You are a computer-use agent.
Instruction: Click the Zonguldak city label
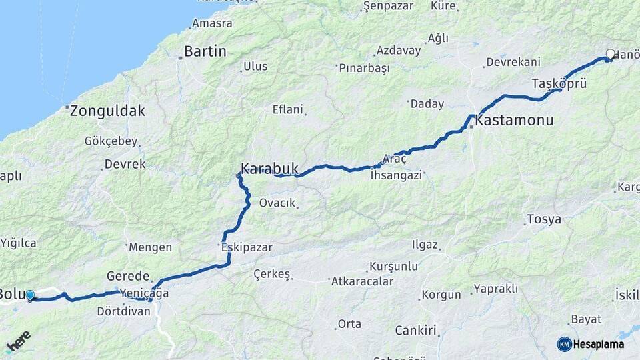(108, 111)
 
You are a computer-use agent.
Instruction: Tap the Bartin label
(205, 51)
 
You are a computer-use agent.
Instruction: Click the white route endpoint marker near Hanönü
(610, 55)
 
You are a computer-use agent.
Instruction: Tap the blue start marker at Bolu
(30, 295)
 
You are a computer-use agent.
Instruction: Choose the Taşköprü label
(559, 84)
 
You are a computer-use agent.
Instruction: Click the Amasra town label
(212, 23)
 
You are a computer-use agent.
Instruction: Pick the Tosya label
(544, 219)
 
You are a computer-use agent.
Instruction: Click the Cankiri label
(415, 330)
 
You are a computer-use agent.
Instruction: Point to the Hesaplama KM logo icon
(565, 344)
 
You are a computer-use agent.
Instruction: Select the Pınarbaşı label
(364, 69)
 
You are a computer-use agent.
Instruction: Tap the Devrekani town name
(513, 62)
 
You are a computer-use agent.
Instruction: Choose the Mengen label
(150, 247)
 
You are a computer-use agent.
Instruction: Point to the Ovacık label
(277, 203)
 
